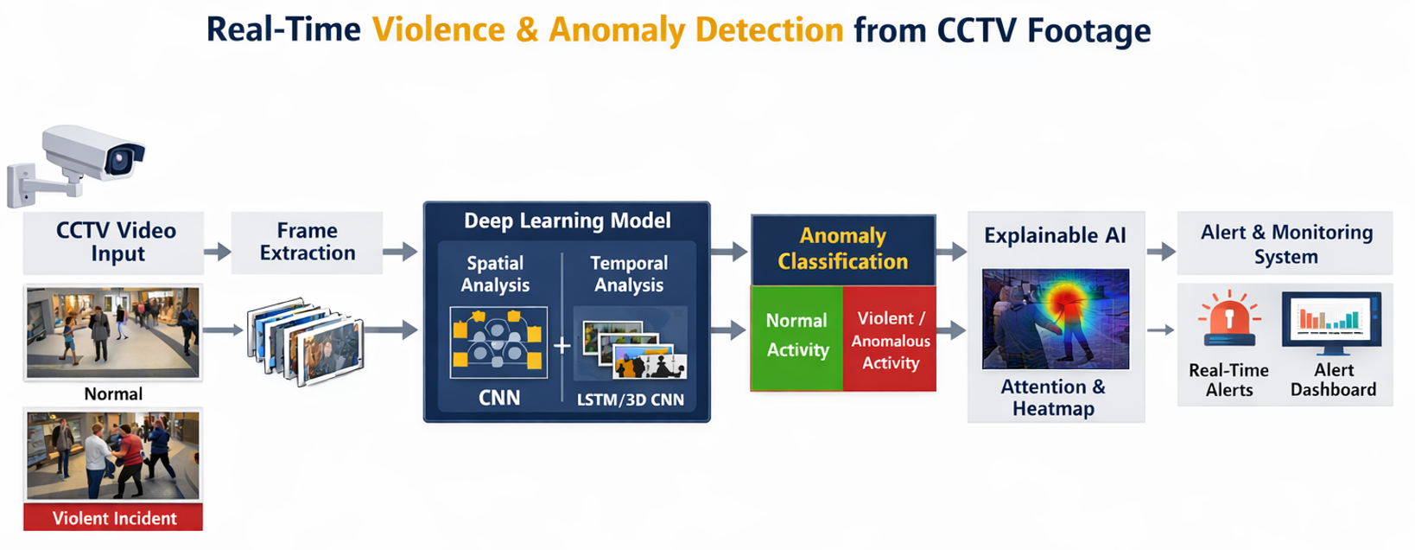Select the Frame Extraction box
click(307, 242)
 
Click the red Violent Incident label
click(113, 518)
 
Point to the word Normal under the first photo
click(113, 394)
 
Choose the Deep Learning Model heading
click(567, 221)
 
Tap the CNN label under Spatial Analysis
click(499, 398)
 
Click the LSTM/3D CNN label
click(630, 400)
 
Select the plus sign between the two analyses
click(562, 346)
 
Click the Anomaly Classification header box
click(842, 249)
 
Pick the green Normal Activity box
click(796, 336)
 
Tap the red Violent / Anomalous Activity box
click(890, 341)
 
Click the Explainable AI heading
click(1055, 235)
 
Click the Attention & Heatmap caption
click(1053, 398)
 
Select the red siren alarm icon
click(1228, 321)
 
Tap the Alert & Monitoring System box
click(1285, 244)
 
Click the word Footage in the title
click(1089, 31)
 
